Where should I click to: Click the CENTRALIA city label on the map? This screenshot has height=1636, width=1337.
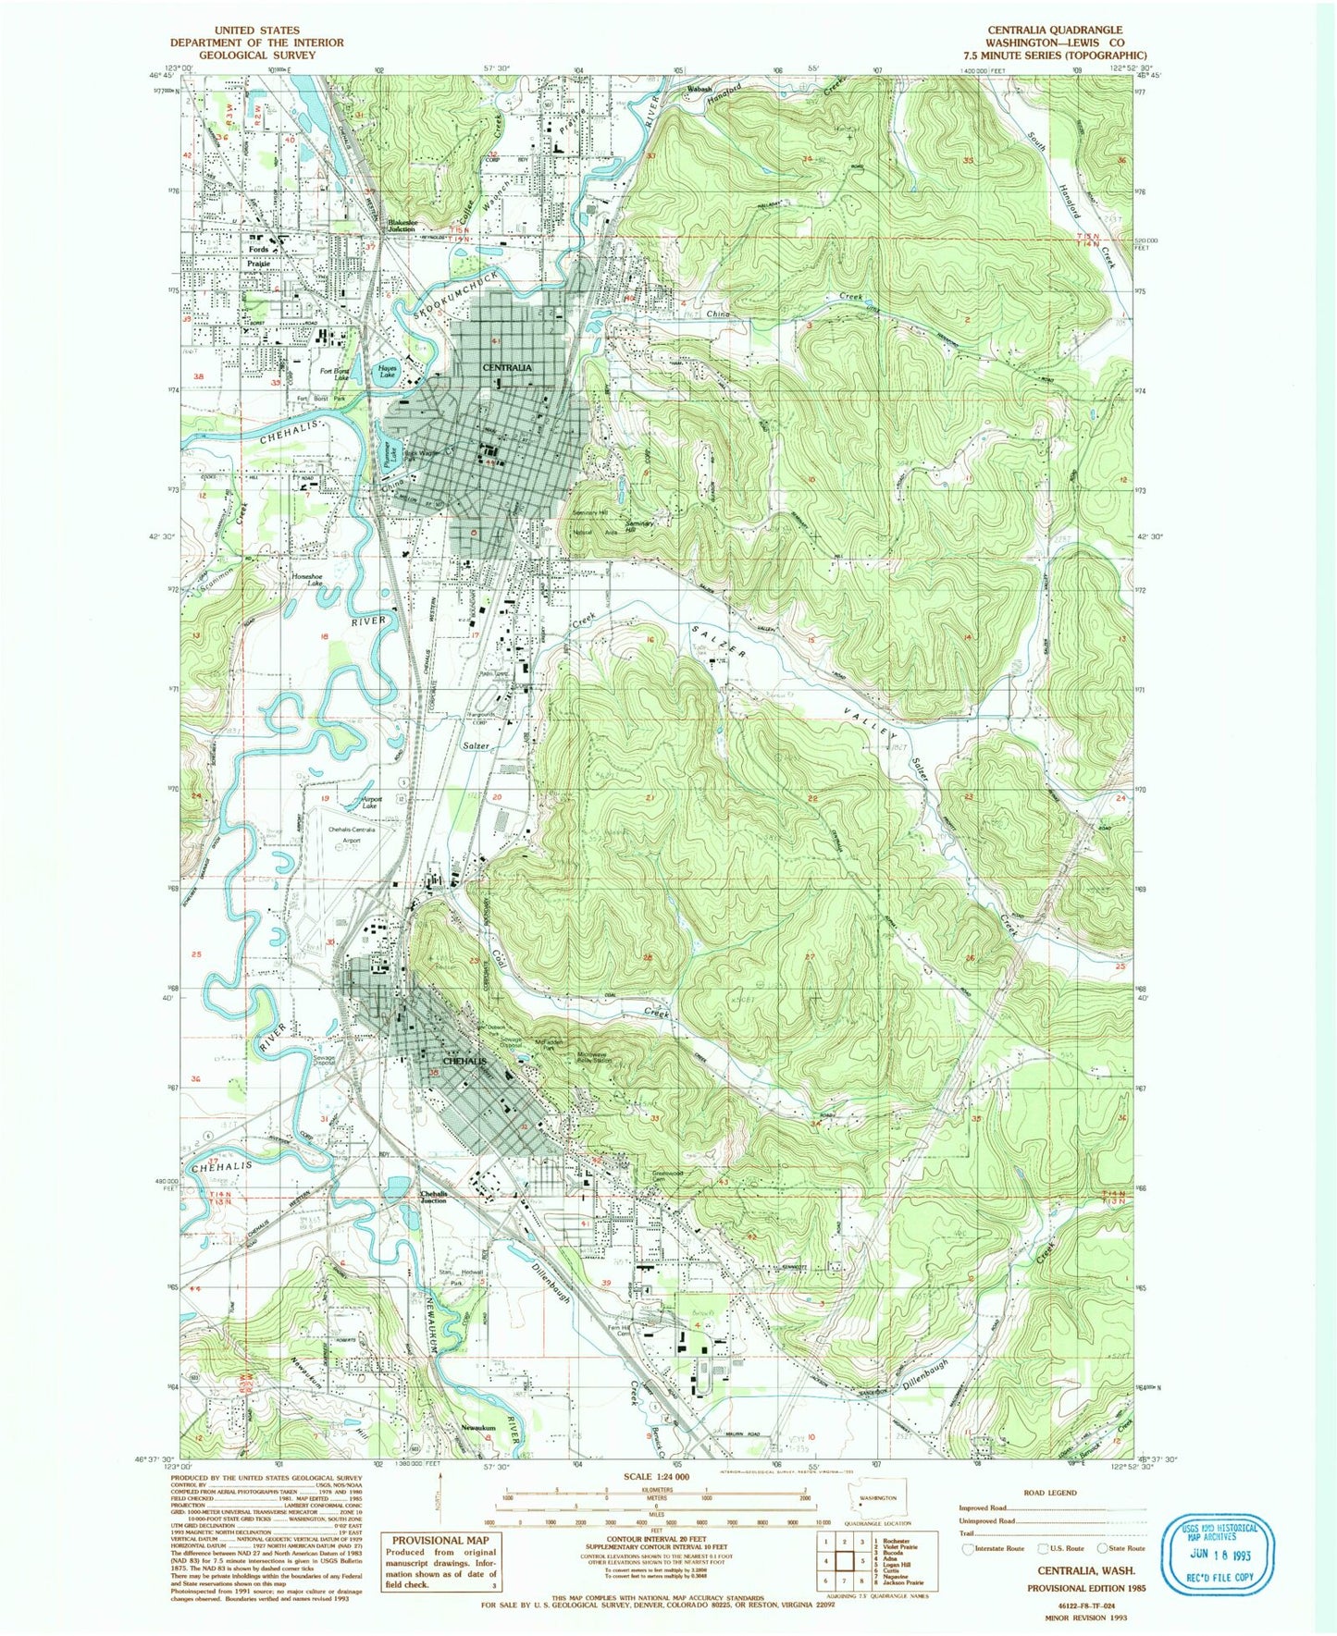coord(506,367)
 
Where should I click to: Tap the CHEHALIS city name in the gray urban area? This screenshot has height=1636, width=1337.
coord(465,1062)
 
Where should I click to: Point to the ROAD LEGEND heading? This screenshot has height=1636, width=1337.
coord(1049,1493)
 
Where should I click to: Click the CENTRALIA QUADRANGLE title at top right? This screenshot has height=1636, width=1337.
coord(1055,31)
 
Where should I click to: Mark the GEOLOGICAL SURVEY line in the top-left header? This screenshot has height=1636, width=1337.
coord(256,55)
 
